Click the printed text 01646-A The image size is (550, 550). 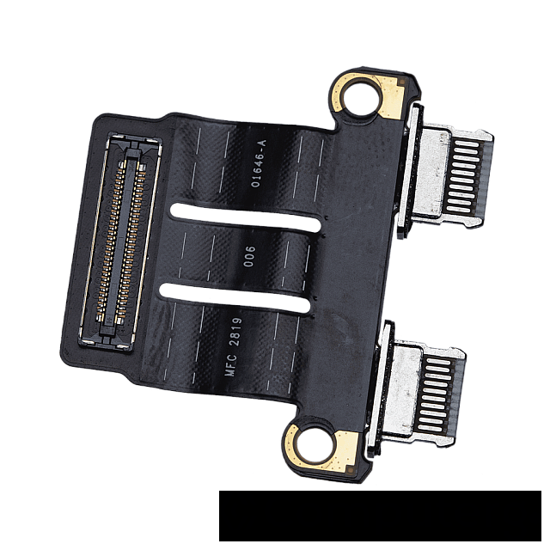(260, 163)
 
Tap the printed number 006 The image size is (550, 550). (250, 256)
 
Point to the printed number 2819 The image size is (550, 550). (235, 332)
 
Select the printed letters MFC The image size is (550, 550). (231, 365)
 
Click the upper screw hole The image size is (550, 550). (363, 95)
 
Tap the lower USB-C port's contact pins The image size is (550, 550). (438, 395)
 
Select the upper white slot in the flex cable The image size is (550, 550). (245, 217)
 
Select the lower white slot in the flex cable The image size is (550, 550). (235, 298)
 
